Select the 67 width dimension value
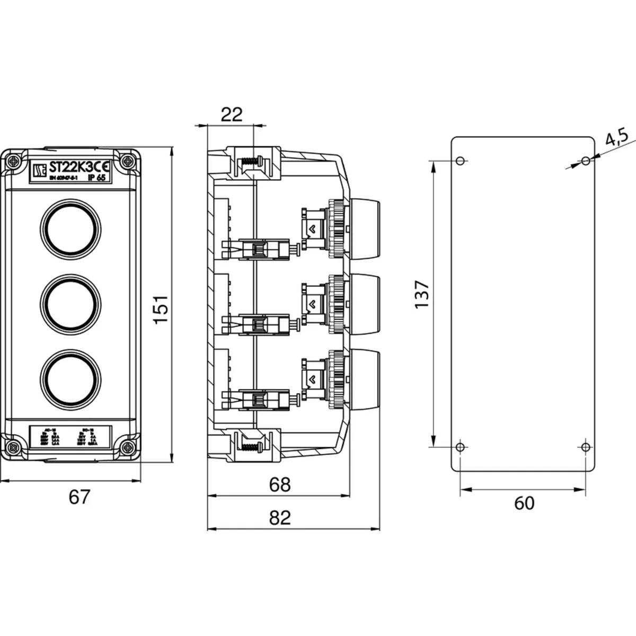[80, 497]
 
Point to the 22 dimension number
[231, 114]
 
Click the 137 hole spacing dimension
[422, 295]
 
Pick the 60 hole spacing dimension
[524, 503]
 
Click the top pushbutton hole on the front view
[72, 227]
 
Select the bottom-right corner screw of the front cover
[128, 447]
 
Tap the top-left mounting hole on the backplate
[460, 161]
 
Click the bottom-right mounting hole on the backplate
[586, 447]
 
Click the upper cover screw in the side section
[252, 160]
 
